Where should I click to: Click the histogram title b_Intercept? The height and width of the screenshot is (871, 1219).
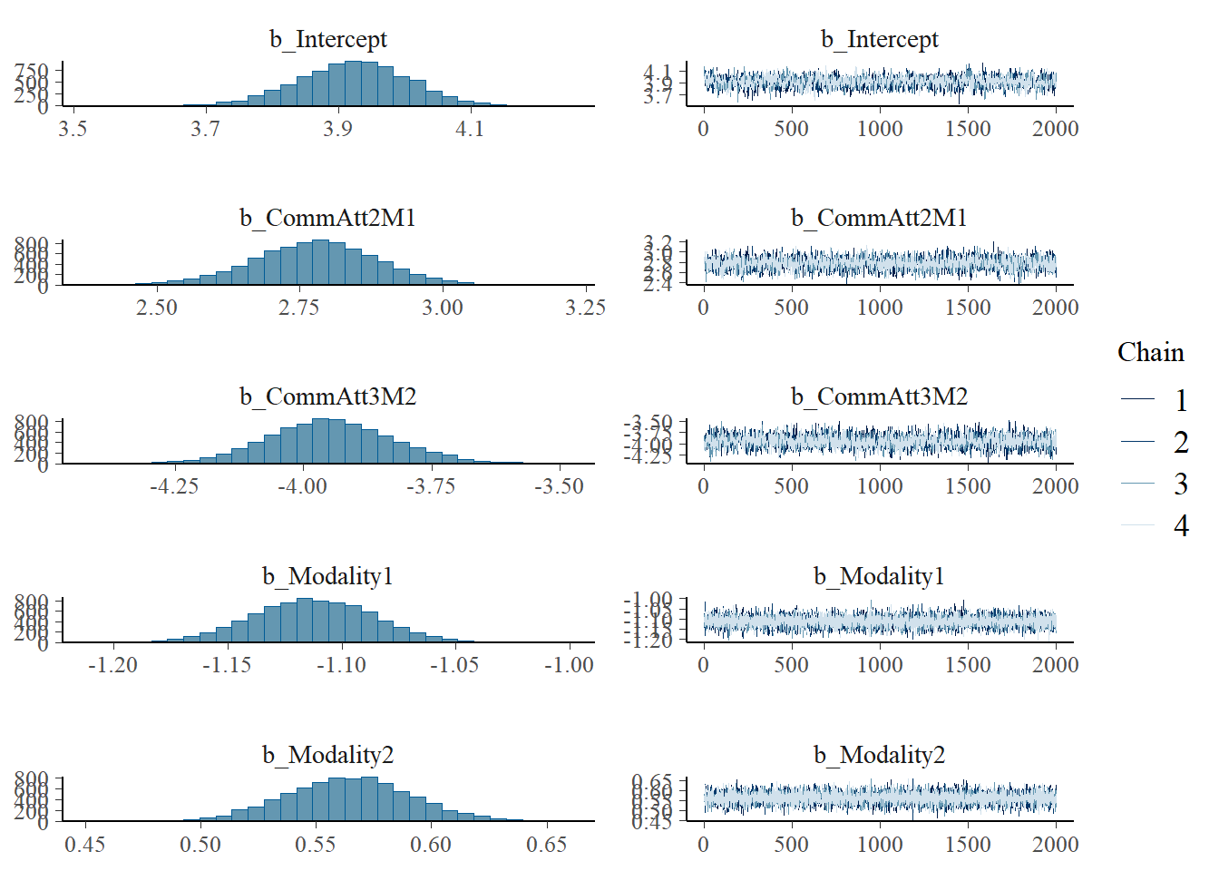click(x=327, y=39)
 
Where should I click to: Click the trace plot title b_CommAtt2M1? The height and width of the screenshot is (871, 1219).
click(x=879, y=218)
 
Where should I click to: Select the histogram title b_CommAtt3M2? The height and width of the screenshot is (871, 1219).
click(x=327, y=396)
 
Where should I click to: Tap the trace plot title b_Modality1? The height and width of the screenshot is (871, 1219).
click(x=879, y=576)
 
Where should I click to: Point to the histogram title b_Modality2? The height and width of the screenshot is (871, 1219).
click(x=327, y=755)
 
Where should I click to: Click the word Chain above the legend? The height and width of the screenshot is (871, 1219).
click(x=1150, y=352)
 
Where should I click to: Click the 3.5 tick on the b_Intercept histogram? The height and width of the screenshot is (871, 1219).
click(x=73, y=129)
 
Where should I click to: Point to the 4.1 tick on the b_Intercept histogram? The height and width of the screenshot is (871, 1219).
click(x=470, y=129)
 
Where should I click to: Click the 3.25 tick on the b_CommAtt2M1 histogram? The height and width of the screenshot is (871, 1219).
click(x=585, y=308)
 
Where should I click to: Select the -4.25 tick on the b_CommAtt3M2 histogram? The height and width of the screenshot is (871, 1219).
click(x=173, y=486)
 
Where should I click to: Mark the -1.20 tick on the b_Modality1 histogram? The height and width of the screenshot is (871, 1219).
click(x=112, y=665)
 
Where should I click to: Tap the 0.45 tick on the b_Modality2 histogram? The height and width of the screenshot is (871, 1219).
click(x=85, y=845)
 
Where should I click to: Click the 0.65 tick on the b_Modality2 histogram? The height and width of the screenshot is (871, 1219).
click(x=546, y=845)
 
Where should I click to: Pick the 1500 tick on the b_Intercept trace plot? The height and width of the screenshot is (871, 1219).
click(x=968, y=129)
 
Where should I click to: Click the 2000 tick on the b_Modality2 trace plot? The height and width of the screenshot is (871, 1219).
click(x=1055, y=845)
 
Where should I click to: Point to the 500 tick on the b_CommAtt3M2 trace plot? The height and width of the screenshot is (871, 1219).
click(x=791, y=486)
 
